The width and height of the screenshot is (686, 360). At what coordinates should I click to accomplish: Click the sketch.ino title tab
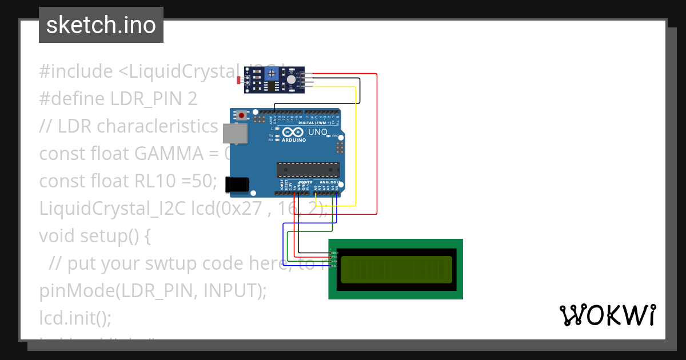point(101,25)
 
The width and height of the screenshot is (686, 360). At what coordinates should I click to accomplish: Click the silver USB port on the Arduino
point(235,133)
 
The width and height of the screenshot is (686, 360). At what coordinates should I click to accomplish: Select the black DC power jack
point(237,184)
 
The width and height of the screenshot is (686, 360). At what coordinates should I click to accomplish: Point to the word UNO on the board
point(318,133)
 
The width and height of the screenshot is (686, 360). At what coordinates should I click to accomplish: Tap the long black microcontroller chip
point(308,170)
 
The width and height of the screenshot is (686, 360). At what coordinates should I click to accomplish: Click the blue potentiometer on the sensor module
point(273,73)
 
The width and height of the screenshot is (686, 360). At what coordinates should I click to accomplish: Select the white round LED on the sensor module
point(292,81)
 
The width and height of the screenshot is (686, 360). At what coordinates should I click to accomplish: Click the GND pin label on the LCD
point(335,252)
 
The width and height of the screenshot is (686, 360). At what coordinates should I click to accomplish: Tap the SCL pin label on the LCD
point(335,266)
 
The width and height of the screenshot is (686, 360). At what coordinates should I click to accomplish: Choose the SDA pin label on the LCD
point(335,261)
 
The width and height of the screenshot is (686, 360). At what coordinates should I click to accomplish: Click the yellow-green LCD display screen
point(396,270)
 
